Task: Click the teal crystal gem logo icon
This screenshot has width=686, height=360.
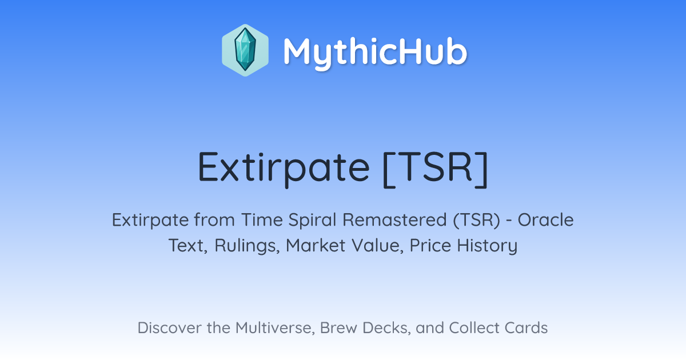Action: [x=245, y=50]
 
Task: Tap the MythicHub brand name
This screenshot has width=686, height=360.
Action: [x=375, y=53]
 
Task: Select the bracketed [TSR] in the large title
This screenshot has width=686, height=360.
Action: [x=435, y=169]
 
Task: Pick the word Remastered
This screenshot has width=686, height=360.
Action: [x=395, y=220]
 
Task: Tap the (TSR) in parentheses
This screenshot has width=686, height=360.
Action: [x=477, y=221]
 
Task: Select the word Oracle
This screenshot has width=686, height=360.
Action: [x=546, y=220]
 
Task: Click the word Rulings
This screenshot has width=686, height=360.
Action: [x=247, y=246]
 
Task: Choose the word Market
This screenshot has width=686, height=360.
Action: [x=316, y=246]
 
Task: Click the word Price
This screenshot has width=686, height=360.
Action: [x=430, y=246]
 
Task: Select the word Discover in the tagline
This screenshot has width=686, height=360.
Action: [x=169, y=327]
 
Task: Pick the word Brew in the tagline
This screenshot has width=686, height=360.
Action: [x=338, y=327]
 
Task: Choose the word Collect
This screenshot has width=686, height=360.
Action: [x=474, y=327]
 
